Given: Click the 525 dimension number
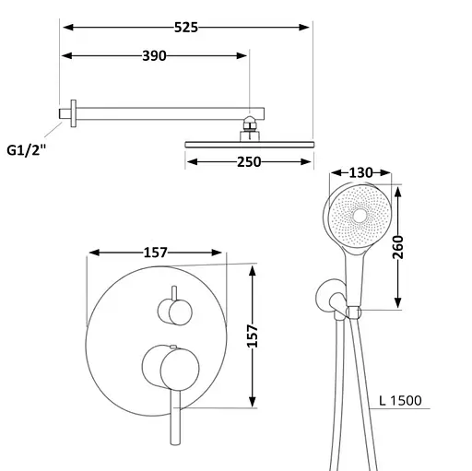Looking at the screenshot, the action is (186, 28).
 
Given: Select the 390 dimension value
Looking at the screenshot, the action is (154, 56).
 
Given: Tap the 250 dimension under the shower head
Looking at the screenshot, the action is (249, 162).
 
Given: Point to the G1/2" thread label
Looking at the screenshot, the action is (27, 150).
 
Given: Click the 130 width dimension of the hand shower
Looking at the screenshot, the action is (360, 173).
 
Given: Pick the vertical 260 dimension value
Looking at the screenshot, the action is (398, 247).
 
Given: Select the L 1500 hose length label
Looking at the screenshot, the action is (400, 401).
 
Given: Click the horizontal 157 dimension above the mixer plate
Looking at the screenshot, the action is (156, 253).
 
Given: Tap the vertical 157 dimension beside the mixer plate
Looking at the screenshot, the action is (253, 336).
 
